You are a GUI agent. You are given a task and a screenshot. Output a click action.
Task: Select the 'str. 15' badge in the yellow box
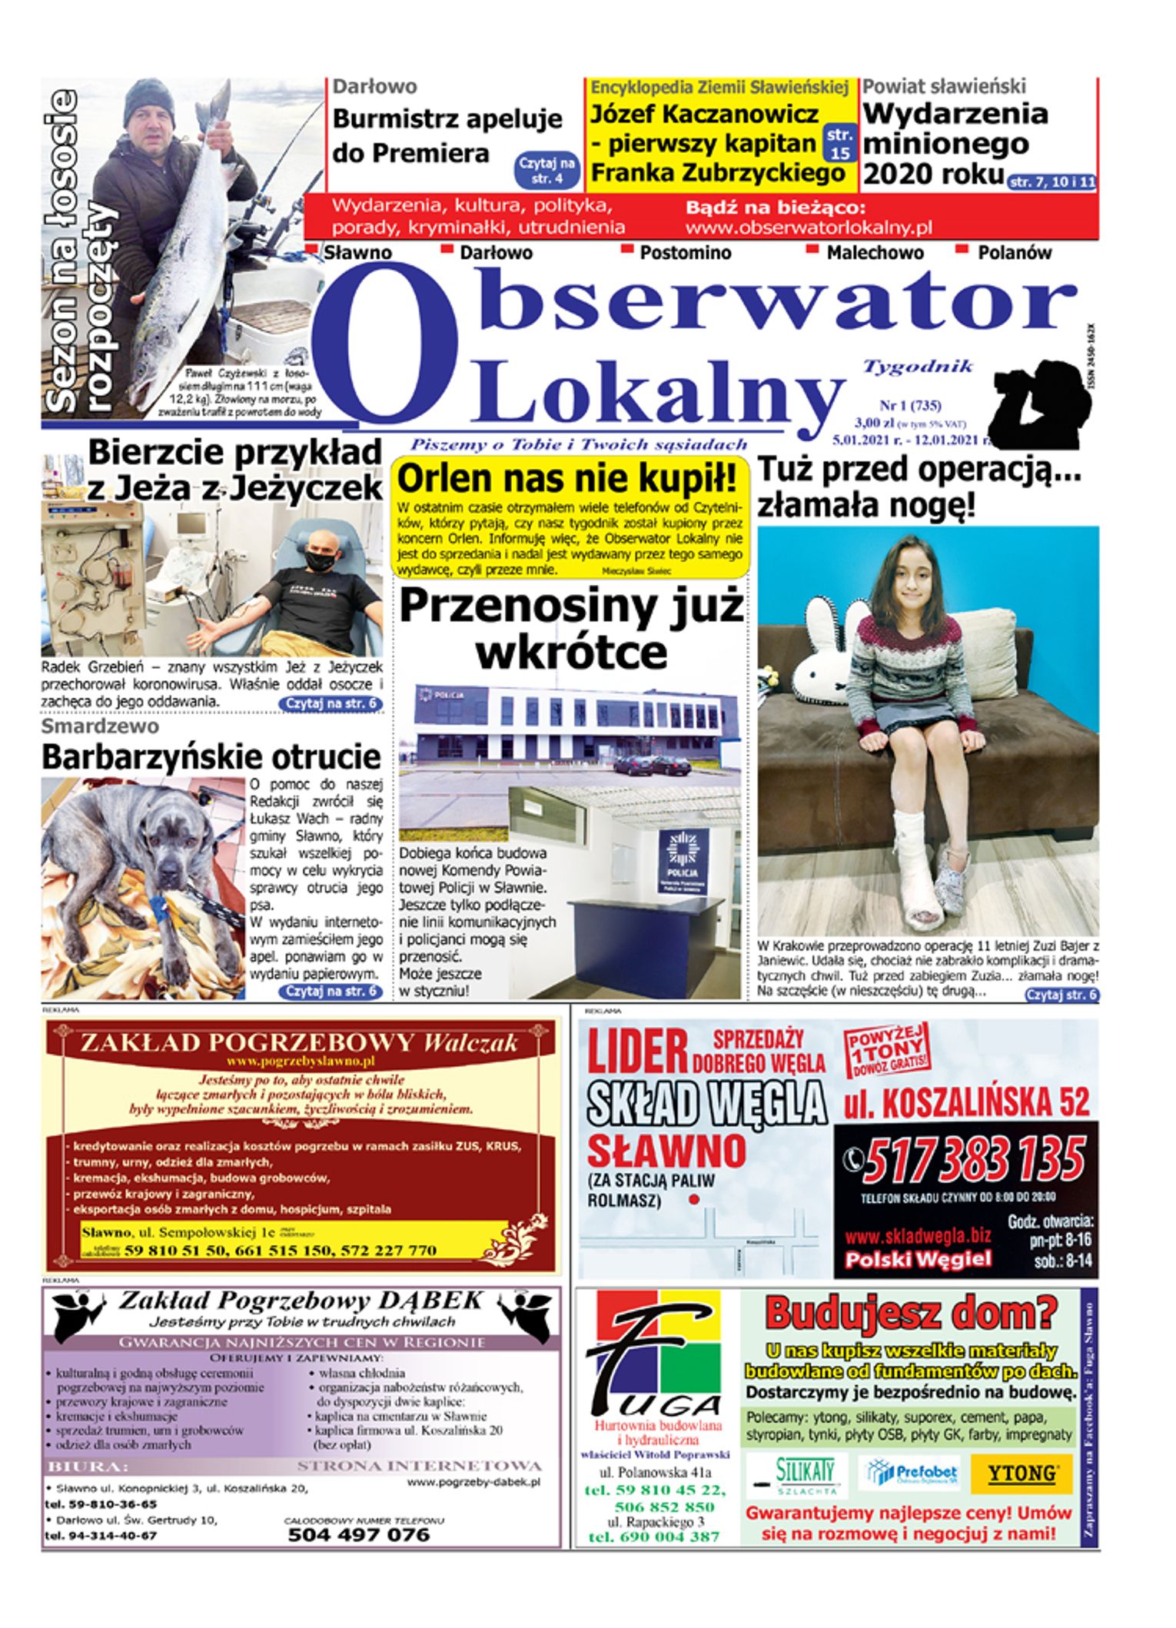click(x=839, y=144)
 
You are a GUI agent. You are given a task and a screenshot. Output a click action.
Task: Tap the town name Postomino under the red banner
click(x=685, y=253)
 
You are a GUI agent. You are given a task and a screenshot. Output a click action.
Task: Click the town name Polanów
click(x=1014, y=253)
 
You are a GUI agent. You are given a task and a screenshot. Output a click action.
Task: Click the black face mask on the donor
click(x=321, y=561)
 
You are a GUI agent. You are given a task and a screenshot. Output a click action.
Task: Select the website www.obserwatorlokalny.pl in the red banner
click(x=809, y=228)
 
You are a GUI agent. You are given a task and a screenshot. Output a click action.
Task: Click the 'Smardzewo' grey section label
click(x=100, y=726)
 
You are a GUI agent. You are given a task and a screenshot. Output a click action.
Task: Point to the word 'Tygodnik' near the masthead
click(x=918, y=366)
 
